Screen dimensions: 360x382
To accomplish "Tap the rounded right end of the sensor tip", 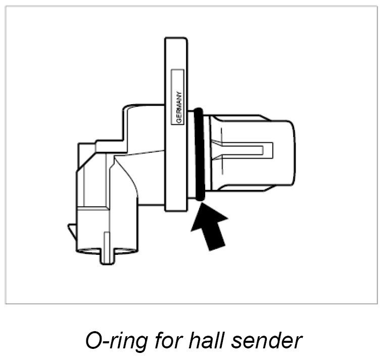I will pyautogui.click(x=290, y=152).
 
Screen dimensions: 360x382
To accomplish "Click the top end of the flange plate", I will pyautogui.click(x=175, y=43).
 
